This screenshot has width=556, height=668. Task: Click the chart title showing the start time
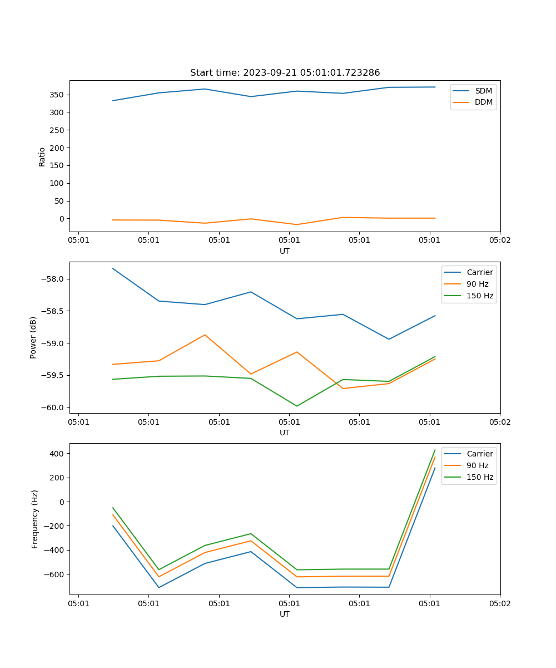point(285,73)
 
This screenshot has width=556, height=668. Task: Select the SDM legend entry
point(483,91)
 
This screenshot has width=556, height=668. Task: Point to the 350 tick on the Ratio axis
point(58,95)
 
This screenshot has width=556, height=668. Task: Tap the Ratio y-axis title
point(42,156)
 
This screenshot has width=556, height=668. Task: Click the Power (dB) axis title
point(33,337)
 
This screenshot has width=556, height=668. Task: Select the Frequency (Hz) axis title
point(35,519)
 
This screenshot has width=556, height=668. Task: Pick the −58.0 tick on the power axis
point(55,279)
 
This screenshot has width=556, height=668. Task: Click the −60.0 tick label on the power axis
point(55,407)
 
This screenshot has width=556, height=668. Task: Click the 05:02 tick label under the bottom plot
point(499,603)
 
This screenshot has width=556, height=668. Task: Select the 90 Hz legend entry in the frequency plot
point(478,465)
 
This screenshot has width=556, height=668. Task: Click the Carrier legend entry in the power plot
point(479,272)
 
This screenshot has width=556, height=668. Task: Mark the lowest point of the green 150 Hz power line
point(297,406)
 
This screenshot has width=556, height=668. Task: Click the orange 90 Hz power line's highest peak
point(205,335)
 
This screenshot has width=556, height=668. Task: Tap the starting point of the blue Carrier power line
point(113,268)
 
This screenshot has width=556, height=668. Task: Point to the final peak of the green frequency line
point(435,450)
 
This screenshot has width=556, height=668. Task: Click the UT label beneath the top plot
point(285,251)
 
